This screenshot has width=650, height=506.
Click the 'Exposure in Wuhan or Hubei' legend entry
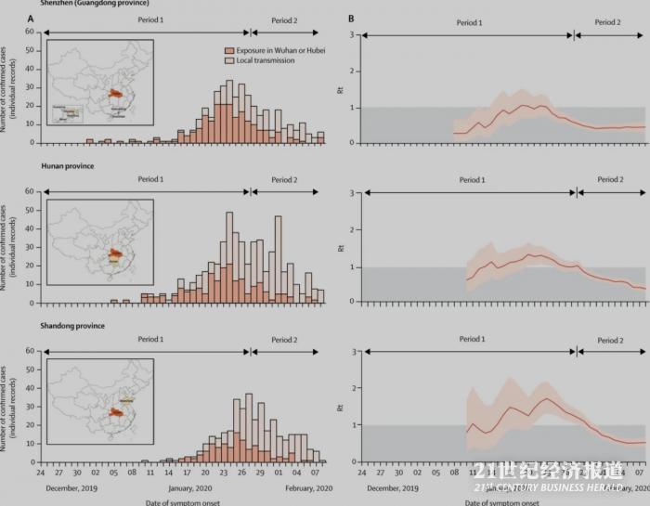[268, 51]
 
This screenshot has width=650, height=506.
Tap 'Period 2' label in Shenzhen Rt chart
[609, 21]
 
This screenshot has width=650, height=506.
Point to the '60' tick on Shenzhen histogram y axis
[31, 32]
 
